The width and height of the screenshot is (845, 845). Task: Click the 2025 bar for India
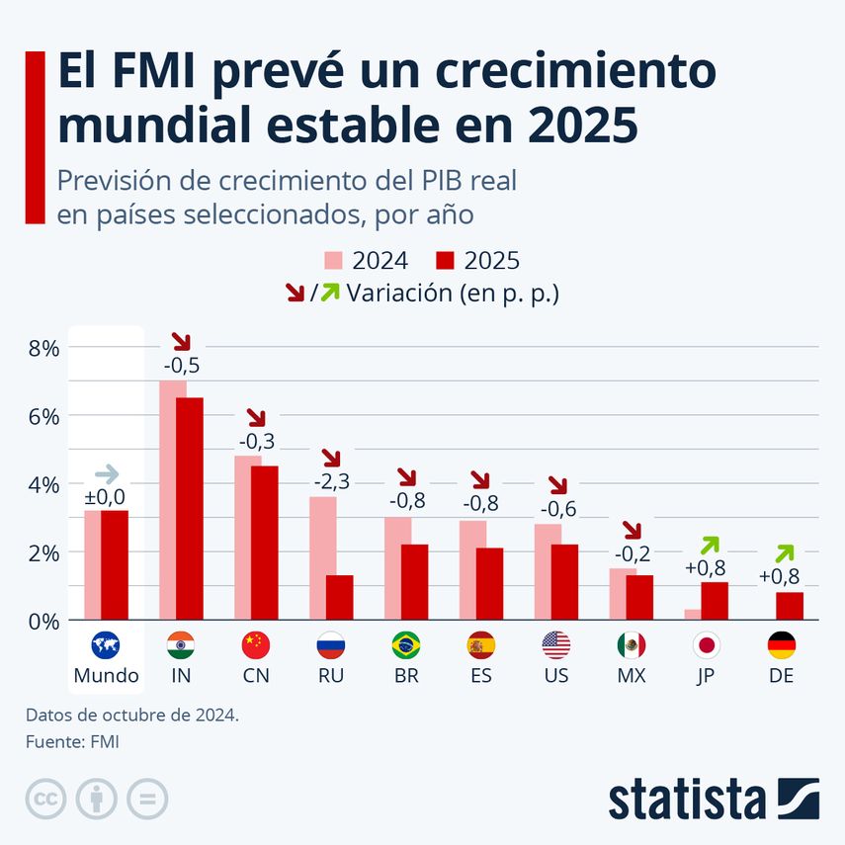pos(189,508)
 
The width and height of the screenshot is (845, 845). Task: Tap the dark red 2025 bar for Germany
pos(790,606)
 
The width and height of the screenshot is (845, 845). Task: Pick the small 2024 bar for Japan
pos(693,615)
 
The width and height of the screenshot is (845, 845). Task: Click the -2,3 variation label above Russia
pos(331,481)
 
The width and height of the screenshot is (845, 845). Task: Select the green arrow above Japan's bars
pos(710,545)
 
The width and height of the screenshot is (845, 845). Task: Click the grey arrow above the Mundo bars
pos(106,473)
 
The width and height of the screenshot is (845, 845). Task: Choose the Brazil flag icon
pos(405,645)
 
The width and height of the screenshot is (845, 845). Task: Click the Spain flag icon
pos(480,645)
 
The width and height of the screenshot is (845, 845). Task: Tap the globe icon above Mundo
pos(106,645)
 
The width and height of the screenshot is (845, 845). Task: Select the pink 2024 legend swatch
pos(334,261)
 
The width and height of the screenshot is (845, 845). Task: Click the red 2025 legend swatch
pos(445,261)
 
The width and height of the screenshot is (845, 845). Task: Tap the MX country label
pos(631,676)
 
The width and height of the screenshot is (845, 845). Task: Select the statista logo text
pos(686,799)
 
